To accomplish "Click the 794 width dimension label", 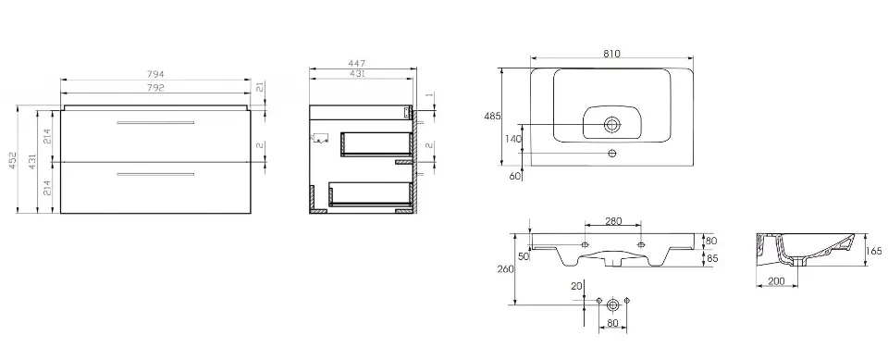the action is [155, 74].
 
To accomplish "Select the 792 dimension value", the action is [155, 87].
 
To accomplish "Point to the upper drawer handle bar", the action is [155, 122].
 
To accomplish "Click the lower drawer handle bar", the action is [155, 174].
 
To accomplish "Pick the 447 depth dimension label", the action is [357, 64].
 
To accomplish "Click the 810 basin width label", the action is [611, 54].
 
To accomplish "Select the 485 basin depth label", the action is [492, 117].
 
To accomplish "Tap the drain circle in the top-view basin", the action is [611, 125].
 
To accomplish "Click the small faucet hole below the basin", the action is [611, 153].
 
